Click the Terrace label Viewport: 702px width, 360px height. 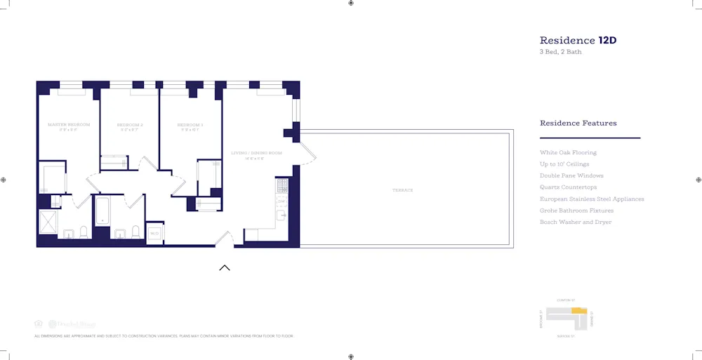403,190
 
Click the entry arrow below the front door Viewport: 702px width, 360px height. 225,267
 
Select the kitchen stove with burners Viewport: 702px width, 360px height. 282,186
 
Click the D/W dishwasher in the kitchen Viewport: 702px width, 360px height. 282,201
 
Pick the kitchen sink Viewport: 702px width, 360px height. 282,215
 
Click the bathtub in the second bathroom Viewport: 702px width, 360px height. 102,211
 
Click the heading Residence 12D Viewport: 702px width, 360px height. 578,41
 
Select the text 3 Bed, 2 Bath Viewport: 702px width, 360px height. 560,52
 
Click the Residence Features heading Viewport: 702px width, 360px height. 578,124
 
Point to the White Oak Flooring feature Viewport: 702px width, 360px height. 568,152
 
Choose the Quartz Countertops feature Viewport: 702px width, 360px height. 568,187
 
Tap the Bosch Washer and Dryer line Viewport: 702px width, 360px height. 575,222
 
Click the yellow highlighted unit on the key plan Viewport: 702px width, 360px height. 578,310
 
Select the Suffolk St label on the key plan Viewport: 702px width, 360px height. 566,337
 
